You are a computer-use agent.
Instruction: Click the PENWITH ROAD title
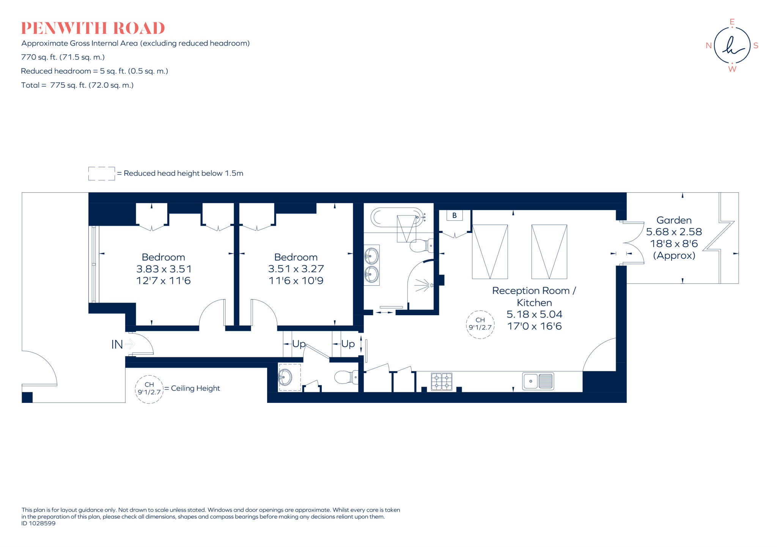(93, 28)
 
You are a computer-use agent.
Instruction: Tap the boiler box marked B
(454, 215)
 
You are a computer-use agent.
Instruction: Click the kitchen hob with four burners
(442, 382)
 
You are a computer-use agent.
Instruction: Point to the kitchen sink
(538, 381)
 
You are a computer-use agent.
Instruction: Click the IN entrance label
(117, 344)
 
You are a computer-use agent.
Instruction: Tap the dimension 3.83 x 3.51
(164, 269)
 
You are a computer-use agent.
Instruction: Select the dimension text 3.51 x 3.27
(296, 269)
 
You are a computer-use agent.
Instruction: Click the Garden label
(674, 220)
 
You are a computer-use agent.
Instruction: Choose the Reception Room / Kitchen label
(534, 296)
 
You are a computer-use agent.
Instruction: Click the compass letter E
(732, 22)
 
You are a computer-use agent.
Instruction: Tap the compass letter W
(732, 69)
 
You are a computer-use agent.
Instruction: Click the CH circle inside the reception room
(480, 324)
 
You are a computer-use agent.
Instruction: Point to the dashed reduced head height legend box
(101, 173)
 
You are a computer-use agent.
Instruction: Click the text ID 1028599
(38, 523)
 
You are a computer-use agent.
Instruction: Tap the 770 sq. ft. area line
(63, 57)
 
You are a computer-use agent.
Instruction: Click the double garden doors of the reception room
(633, 243)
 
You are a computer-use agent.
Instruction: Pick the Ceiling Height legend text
(195, 388)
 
